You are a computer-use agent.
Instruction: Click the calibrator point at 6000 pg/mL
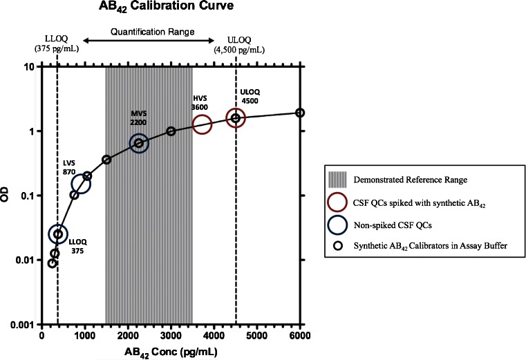(x=300, y=113)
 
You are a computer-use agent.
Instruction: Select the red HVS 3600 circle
(x=202, y=124)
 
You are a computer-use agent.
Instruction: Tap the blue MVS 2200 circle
(x=139, y=143)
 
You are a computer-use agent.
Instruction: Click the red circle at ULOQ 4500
(x=236, y=118)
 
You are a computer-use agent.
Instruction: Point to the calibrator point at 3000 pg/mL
(x=171, y=131)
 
